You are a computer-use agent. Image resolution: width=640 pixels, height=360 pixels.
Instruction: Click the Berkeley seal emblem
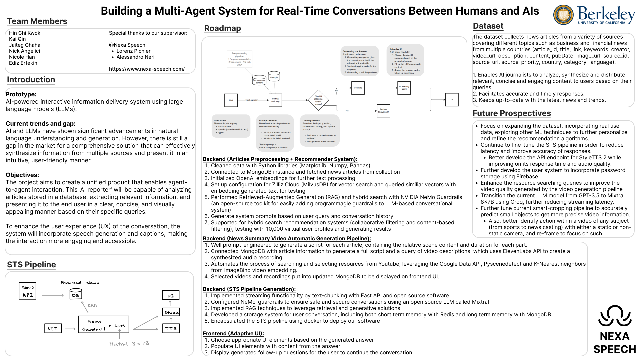pos(563,15)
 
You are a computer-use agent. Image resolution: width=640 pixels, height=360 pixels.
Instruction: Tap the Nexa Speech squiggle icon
pos(615,316)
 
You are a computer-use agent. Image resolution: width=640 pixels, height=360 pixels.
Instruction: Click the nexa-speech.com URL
pos(147,69)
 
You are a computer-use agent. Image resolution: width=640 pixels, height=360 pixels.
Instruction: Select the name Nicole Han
pos(22,57)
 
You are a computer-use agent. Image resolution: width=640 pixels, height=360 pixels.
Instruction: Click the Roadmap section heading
pos(222,28)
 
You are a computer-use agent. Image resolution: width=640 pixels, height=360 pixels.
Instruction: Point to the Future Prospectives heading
pos(512,113)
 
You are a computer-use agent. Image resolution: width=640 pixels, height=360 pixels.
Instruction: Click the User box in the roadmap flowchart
pos(231,100)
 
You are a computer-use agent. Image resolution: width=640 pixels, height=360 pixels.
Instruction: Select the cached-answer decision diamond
pos(318,100)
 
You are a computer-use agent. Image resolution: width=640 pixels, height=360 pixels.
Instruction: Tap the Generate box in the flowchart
pos(358,88)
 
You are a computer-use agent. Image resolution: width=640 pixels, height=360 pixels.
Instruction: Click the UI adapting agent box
pos(404,88)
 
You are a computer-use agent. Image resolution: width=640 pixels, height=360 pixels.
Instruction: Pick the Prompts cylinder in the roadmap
pos(274,77)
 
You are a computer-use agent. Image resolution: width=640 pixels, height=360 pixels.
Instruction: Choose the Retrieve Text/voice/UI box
pos(383,110)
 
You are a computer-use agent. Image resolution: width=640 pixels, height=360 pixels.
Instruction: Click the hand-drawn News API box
pos(28,291)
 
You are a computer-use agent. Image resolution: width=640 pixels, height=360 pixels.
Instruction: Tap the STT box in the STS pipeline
pos(53,329)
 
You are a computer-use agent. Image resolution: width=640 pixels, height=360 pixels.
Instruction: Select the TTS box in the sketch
pos(171,328)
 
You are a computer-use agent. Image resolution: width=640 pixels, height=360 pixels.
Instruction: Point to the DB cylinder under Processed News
pos(76,294)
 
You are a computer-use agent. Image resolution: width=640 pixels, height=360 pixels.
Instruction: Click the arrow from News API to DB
pos(53,295)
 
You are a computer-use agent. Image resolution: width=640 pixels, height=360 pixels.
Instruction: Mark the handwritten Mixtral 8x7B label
pos(129,344)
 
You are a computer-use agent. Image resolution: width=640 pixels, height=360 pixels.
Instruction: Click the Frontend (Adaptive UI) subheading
pos(233,333)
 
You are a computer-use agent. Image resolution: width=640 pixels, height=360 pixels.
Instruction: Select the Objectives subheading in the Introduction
pos(22,175)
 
